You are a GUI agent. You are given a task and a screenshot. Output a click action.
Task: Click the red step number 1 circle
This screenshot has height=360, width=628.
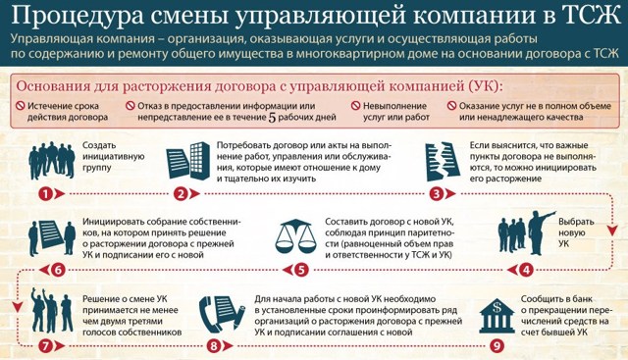tap(44, 193)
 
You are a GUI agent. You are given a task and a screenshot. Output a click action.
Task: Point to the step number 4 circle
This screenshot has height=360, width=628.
tap(526, 269)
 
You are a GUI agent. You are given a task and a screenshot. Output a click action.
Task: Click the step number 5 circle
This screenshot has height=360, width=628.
tap(301, 269)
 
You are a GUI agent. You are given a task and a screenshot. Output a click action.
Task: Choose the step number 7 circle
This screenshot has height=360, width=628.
tap(44, 344)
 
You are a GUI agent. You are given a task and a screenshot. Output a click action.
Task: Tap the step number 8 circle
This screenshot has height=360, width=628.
tap(215, 344)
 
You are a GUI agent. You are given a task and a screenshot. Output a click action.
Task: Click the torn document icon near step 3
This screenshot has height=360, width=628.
tap(445, 160)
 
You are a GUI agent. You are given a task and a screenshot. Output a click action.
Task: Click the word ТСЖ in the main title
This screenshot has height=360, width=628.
tap(587, 17)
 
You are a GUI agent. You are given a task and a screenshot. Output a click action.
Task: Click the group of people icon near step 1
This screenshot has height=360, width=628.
tap(49, 157)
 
